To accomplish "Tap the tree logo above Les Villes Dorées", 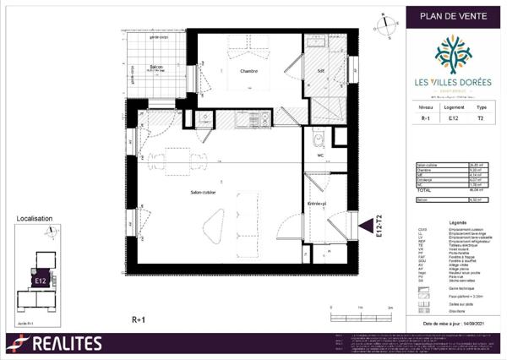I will (453, 53).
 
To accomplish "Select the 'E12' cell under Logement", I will (453, 120).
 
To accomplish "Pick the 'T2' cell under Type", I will (481, 120).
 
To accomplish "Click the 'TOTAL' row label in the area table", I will (423, 191).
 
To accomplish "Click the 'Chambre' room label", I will (248, 71).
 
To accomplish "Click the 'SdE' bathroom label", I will (321, 70).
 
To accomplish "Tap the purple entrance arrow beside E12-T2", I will (363, 225).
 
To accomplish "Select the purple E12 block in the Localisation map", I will (39, 279).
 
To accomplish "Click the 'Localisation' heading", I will (35, 218).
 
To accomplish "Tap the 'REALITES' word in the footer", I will (66, 343).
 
